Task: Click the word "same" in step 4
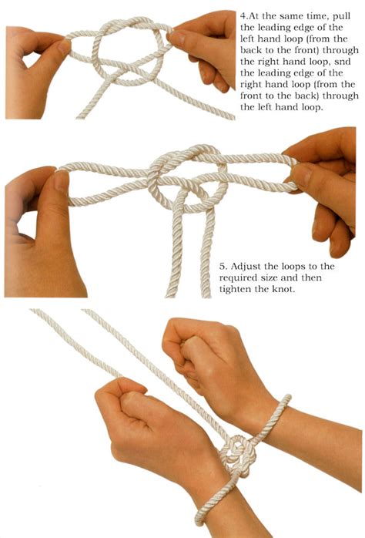tap(298, 15)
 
